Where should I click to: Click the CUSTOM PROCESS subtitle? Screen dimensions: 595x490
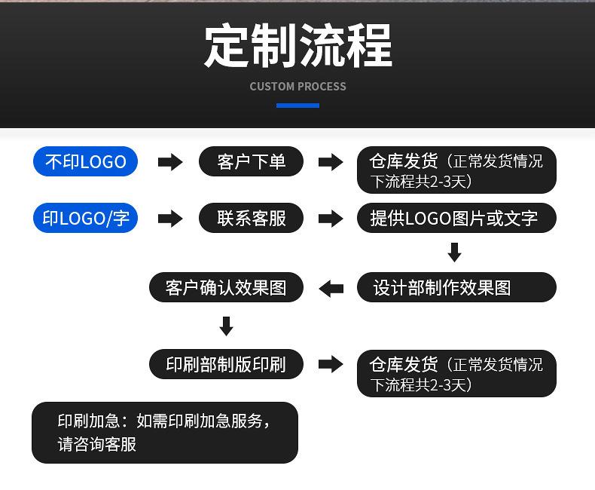point(297,87)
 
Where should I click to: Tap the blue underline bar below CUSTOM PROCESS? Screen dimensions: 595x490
point(297,106)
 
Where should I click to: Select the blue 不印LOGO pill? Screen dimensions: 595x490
point(85,161)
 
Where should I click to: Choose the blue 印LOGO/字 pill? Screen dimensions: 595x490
point(85,219)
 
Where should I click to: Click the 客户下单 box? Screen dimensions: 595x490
point(252,161)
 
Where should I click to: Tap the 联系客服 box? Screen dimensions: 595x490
point(252,219)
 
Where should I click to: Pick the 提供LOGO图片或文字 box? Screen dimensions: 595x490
point(456,219)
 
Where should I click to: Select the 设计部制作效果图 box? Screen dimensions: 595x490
point(456,287)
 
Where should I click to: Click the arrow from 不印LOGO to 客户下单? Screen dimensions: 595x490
point(170,162)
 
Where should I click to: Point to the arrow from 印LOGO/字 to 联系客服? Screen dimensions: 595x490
point(170,219)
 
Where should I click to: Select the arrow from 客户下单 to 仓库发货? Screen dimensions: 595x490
point(331,162)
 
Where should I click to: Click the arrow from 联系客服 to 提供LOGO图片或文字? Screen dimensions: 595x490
point(331,219)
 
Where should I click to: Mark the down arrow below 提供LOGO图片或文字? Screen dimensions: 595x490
point(454,253)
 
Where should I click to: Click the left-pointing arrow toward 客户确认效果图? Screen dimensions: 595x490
point(331,288)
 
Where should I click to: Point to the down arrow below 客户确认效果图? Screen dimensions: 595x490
point(226,326)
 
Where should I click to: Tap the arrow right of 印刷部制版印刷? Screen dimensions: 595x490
point(331,365)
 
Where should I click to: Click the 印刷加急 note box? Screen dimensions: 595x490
point(164,433)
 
